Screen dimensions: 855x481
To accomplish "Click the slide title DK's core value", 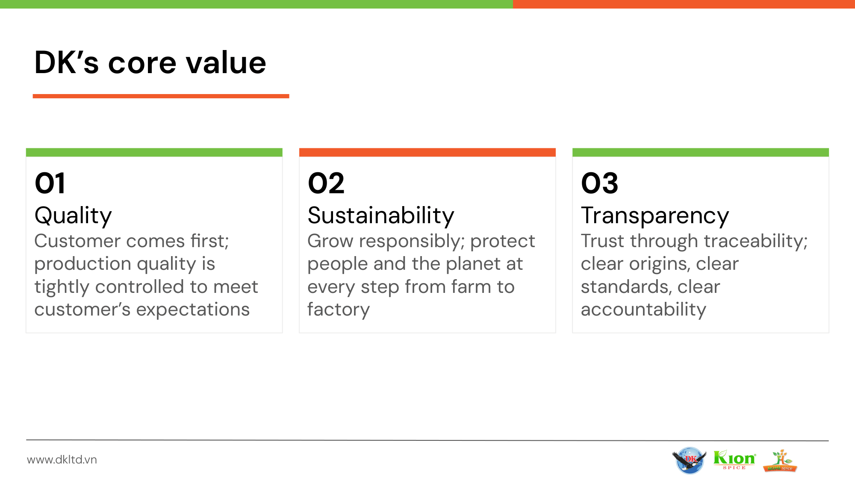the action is [x=150, y=62].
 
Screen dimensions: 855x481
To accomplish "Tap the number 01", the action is [x=50, y=183].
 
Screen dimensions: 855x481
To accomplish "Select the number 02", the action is [x=326, y=183].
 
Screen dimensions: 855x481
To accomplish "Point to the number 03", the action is [x=599, y=183].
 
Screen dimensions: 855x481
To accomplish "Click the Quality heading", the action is [x=73, y=216].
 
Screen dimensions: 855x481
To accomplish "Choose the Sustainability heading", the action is [x=381, y=216].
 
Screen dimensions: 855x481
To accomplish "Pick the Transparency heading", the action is [x=655, y=216].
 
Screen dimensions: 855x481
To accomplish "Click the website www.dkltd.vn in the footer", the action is [x=62, y=460].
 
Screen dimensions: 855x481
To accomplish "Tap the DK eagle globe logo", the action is [x=689, y=460].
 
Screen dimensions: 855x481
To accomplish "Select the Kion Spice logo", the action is [x=734, y=460].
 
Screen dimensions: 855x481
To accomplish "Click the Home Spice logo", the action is [x=780, y=460].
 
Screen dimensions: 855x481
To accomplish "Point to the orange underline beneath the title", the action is [x=161, y=96].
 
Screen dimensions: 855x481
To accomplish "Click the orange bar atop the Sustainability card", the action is [x=427, y=152].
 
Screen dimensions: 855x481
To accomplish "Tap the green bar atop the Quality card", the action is [x=154, y=152].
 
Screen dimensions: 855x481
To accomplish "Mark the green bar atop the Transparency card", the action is [x=701, y=152].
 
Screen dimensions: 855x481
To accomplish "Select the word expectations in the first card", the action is [x=193, y=310].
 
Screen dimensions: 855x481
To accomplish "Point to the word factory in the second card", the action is [x=339, y=310].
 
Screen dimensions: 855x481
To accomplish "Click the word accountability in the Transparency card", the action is [x=643, y=310].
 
